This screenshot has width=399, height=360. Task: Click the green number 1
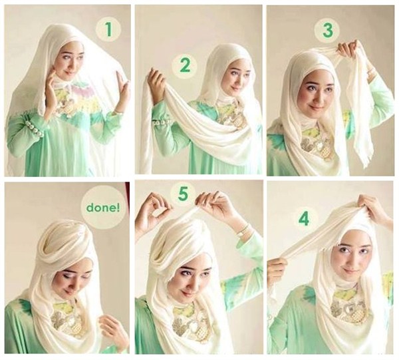pos(108,30)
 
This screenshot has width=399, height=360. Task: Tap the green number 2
pos(185,65)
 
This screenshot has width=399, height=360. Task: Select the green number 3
pos(327,31)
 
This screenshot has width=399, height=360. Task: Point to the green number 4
pos(305,219)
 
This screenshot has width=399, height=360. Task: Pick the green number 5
pos(184,194)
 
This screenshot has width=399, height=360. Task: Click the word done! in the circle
pos(103,208)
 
